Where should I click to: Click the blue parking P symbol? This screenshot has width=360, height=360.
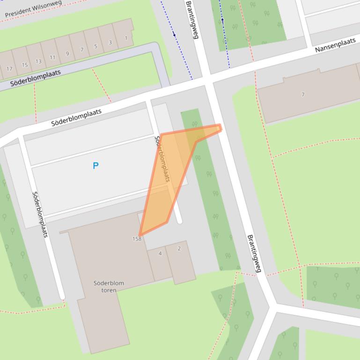(x=96, y=166)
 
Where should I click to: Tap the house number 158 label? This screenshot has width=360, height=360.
(x=137, y=239)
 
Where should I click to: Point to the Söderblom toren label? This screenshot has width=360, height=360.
(x=109, y=287)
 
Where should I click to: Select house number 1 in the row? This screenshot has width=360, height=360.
(x=126, y=38)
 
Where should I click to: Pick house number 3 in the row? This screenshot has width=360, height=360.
(x=110, y=43)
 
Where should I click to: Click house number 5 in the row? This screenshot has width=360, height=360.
(x=96, y=46)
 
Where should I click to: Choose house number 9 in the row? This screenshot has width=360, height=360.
(x=67, y=54)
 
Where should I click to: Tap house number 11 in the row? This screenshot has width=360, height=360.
(x=52, y=58)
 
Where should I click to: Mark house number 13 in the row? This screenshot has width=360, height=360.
(x=38, y=61)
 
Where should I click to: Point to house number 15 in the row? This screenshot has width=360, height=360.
(x=24, y=65)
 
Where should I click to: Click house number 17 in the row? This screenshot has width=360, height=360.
(x=9, y=69)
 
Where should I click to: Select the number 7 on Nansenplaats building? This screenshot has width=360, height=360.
(x=303, y=94)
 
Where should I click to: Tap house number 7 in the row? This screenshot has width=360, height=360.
(x=82, y=50)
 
